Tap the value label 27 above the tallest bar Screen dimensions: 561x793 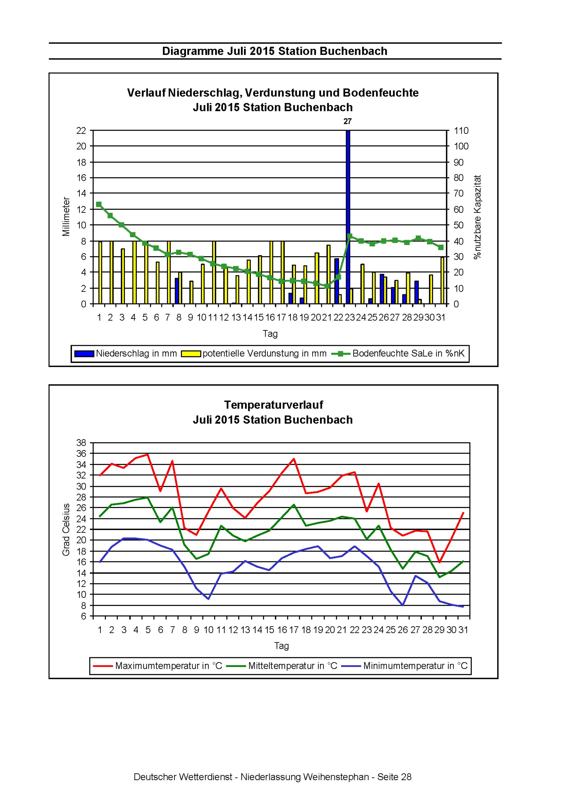click(x=348, y=121)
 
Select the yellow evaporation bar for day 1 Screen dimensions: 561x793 click(x=100, y=273)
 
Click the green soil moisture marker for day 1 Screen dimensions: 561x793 click(x=98, y=204)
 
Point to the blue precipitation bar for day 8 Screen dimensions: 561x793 click(x=177, y=291)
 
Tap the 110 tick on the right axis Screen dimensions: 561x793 click(x=461, y=131)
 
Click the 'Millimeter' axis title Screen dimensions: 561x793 click(x=66, y=217)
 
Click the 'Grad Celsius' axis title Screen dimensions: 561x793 click(x=66, y=530)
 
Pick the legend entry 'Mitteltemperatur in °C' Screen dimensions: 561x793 click(x=282, y=666)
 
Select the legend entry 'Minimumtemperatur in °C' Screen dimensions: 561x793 click(x=405, y=666)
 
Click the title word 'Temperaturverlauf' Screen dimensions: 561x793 click(x=273, y=404)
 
